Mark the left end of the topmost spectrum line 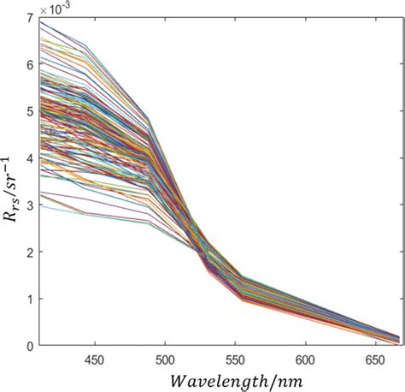[x=40, y=22]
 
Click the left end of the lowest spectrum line [x=40, y=205]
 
